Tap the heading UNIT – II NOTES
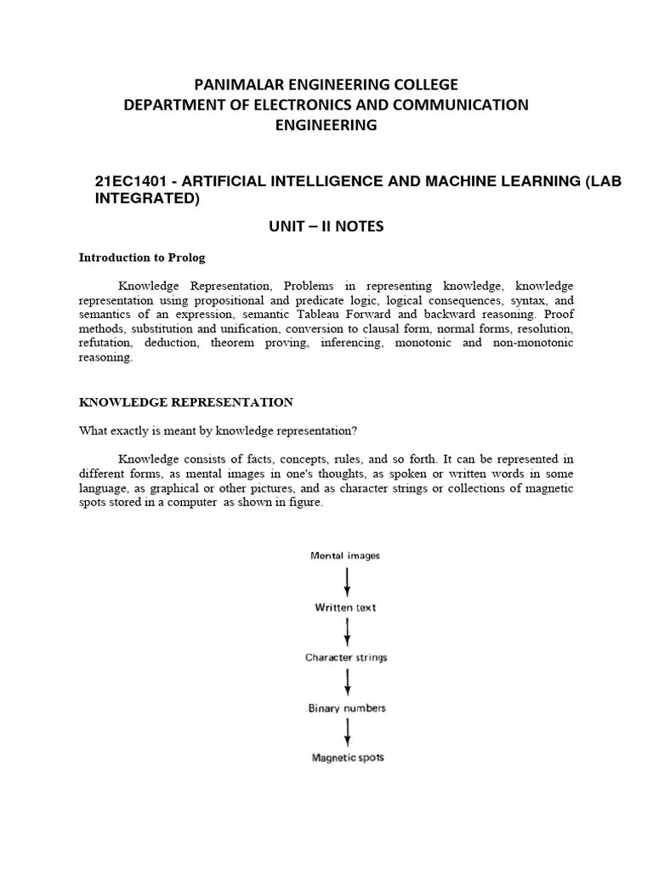(326, 226)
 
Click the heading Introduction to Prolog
(142, 257)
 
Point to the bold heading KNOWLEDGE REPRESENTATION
(186, 401)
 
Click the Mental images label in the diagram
(345, 555)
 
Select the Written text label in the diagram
(345, 607)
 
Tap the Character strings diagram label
(346, 658)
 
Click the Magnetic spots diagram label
(346, 757)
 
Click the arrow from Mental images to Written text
(346, 582)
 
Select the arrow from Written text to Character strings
(346, 633)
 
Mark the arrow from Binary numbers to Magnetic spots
(346, 732)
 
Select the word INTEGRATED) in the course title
(146, 200)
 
